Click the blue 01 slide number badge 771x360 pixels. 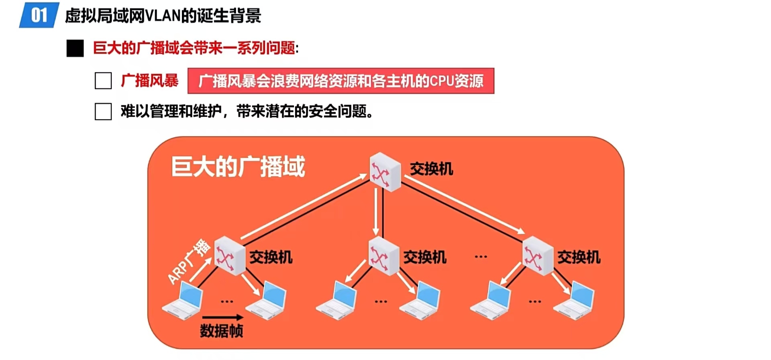click(x=39, y=15)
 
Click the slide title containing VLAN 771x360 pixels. click(x=163, y=16)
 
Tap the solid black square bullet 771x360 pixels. click(x=75, y=48)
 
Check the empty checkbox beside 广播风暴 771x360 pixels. click(x=103, y=81)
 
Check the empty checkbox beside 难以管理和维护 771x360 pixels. click(x=103, y=111)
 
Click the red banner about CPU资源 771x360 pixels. click(x=341, y=81)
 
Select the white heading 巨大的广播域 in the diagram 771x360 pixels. click(x=238, y=167)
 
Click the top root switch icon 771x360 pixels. click(x=385, y=172)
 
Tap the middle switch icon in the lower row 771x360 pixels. click(x=383, y=256)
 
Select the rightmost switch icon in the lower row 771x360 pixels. click(x=538, y=256)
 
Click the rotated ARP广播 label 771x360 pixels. click(x=189, y=262)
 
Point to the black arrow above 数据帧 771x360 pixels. click(x=223, y=317)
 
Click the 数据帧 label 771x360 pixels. click(x=221, y=331)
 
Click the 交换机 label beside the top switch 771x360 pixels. click(x=432, y=169)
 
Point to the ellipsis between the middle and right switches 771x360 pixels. click(x=481, y=257)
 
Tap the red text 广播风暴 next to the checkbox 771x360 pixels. click(x=150, y=81)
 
